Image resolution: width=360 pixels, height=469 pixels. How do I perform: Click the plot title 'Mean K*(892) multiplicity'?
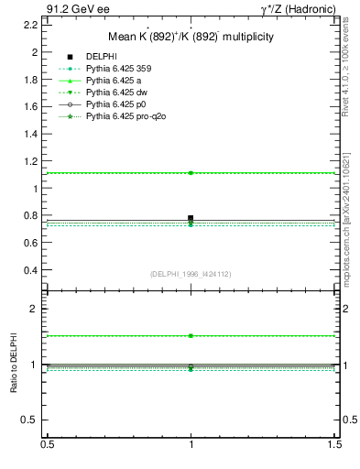pos(191,38)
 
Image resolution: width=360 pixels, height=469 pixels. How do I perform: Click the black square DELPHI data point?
pos(191,218)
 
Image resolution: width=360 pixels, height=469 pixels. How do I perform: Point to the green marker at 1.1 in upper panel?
pos(191,172)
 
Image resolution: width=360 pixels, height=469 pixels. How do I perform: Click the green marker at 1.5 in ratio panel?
pos(191,336)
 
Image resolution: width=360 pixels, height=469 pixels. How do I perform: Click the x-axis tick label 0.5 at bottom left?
pos(47,444)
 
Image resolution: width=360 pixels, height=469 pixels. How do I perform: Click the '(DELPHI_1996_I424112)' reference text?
pos(191,273)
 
